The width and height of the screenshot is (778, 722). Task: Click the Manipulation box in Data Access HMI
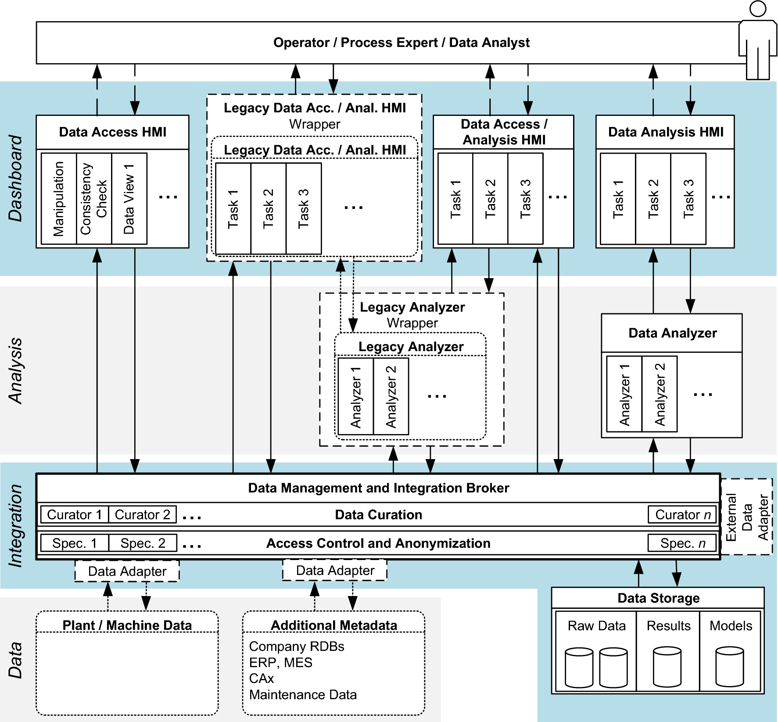[58, 198]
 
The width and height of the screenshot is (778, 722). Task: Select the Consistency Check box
[93, 198]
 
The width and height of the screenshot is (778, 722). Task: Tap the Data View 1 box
[129, 198]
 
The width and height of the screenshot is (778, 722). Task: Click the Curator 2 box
[142, 514]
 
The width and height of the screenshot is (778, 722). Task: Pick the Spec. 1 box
[74, 543]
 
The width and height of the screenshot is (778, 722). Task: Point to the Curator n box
[682, 514]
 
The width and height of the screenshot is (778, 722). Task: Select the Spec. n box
[682, 543]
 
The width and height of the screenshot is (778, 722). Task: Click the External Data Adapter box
[747, 517]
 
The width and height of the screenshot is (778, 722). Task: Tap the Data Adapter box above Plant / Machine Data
[127, 571]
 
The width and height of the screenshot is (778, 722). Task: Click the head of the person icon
[758, 9]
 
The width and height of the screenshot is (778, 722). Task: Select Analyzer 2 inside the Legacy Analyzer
[391, 396]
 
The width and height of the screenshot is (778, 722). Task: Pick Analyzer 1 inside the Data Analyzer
[624, 394]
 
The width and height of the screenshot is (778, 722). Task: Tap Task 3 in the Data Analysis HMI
[688, 198]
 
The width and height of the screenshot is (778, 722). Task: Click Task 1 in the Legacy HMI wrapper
[233, 208]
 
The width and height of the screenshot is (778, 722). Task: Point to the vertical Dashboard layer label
[16, 178]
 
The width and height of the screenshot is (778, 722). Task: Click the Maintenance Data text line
[303, 695]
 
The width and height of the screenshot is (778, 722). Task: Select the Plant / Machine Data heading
[127, 625]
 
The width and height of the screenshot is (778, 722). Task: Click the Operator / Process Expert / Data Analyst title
[401, 43]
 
